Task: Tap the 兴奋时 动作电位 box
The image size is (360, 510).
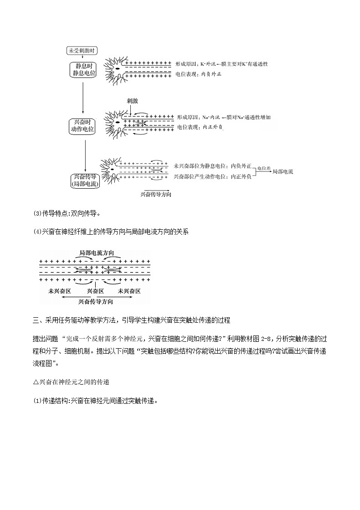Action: (82, 126)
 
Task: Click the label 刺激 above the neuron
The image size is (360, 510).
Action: (133, 100)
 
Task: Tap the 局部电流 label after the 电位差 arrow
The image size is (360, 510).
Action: (282, 172)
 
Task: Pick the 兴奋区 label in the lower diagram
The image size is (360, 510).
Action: (95, 291)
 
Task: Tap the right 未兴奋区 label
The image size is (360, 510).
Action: (129, 291)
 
